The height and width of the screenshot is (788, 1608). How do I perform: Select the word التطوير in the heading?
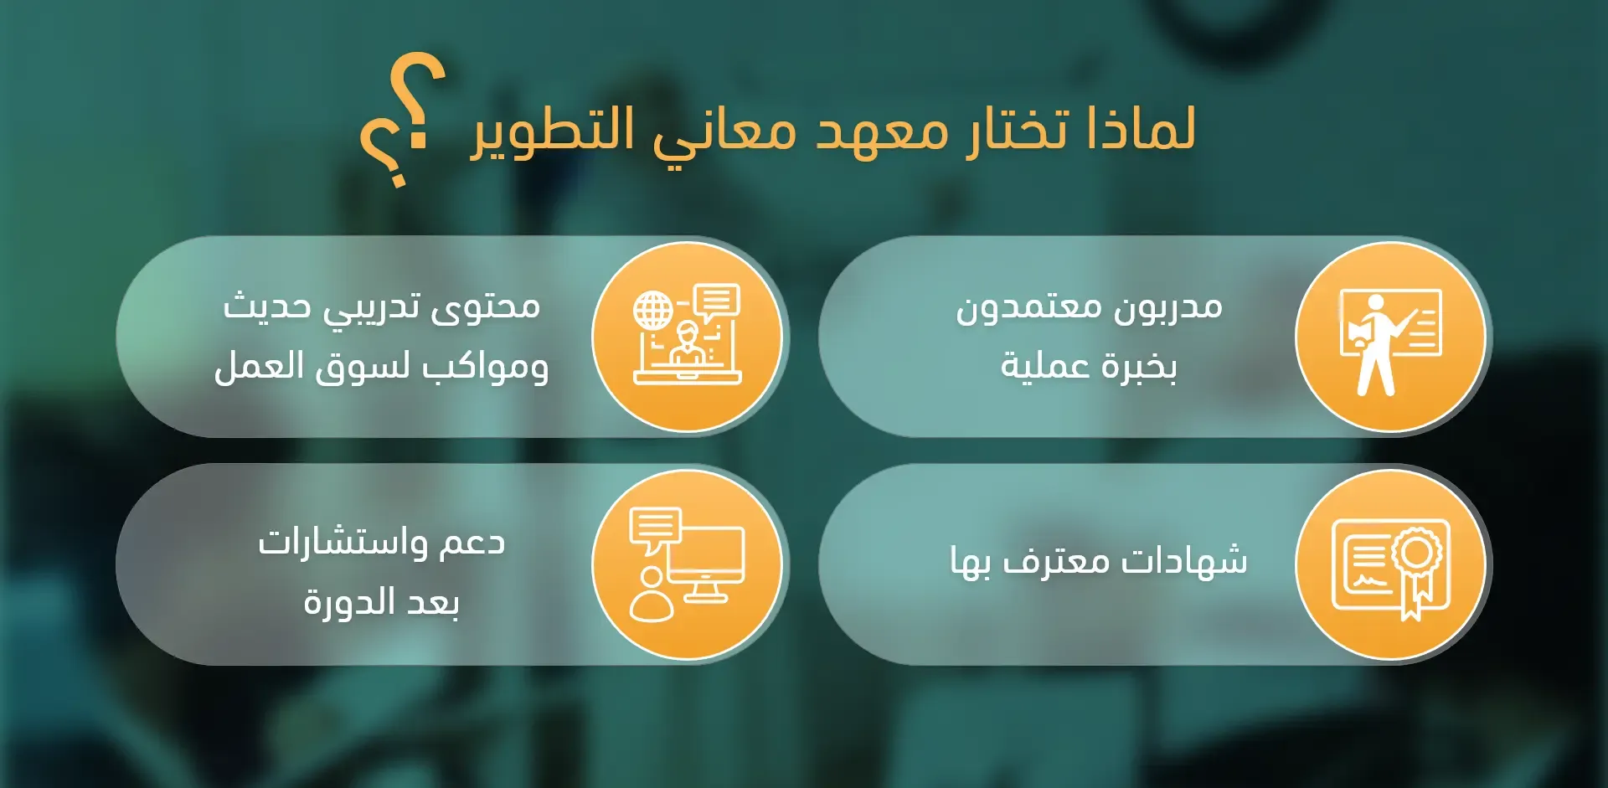pos(553,131)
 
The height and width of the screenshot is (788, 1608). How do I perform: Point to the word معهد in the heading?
pos(883,132)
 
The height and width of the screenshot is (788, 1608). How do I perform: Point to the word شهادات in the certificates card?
pos(1184,560)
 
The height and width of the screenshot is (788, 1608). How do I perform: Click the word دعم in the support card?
pos(469,543)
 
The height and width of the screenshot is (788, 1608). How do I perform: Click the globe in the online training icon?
pos(653,312)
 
